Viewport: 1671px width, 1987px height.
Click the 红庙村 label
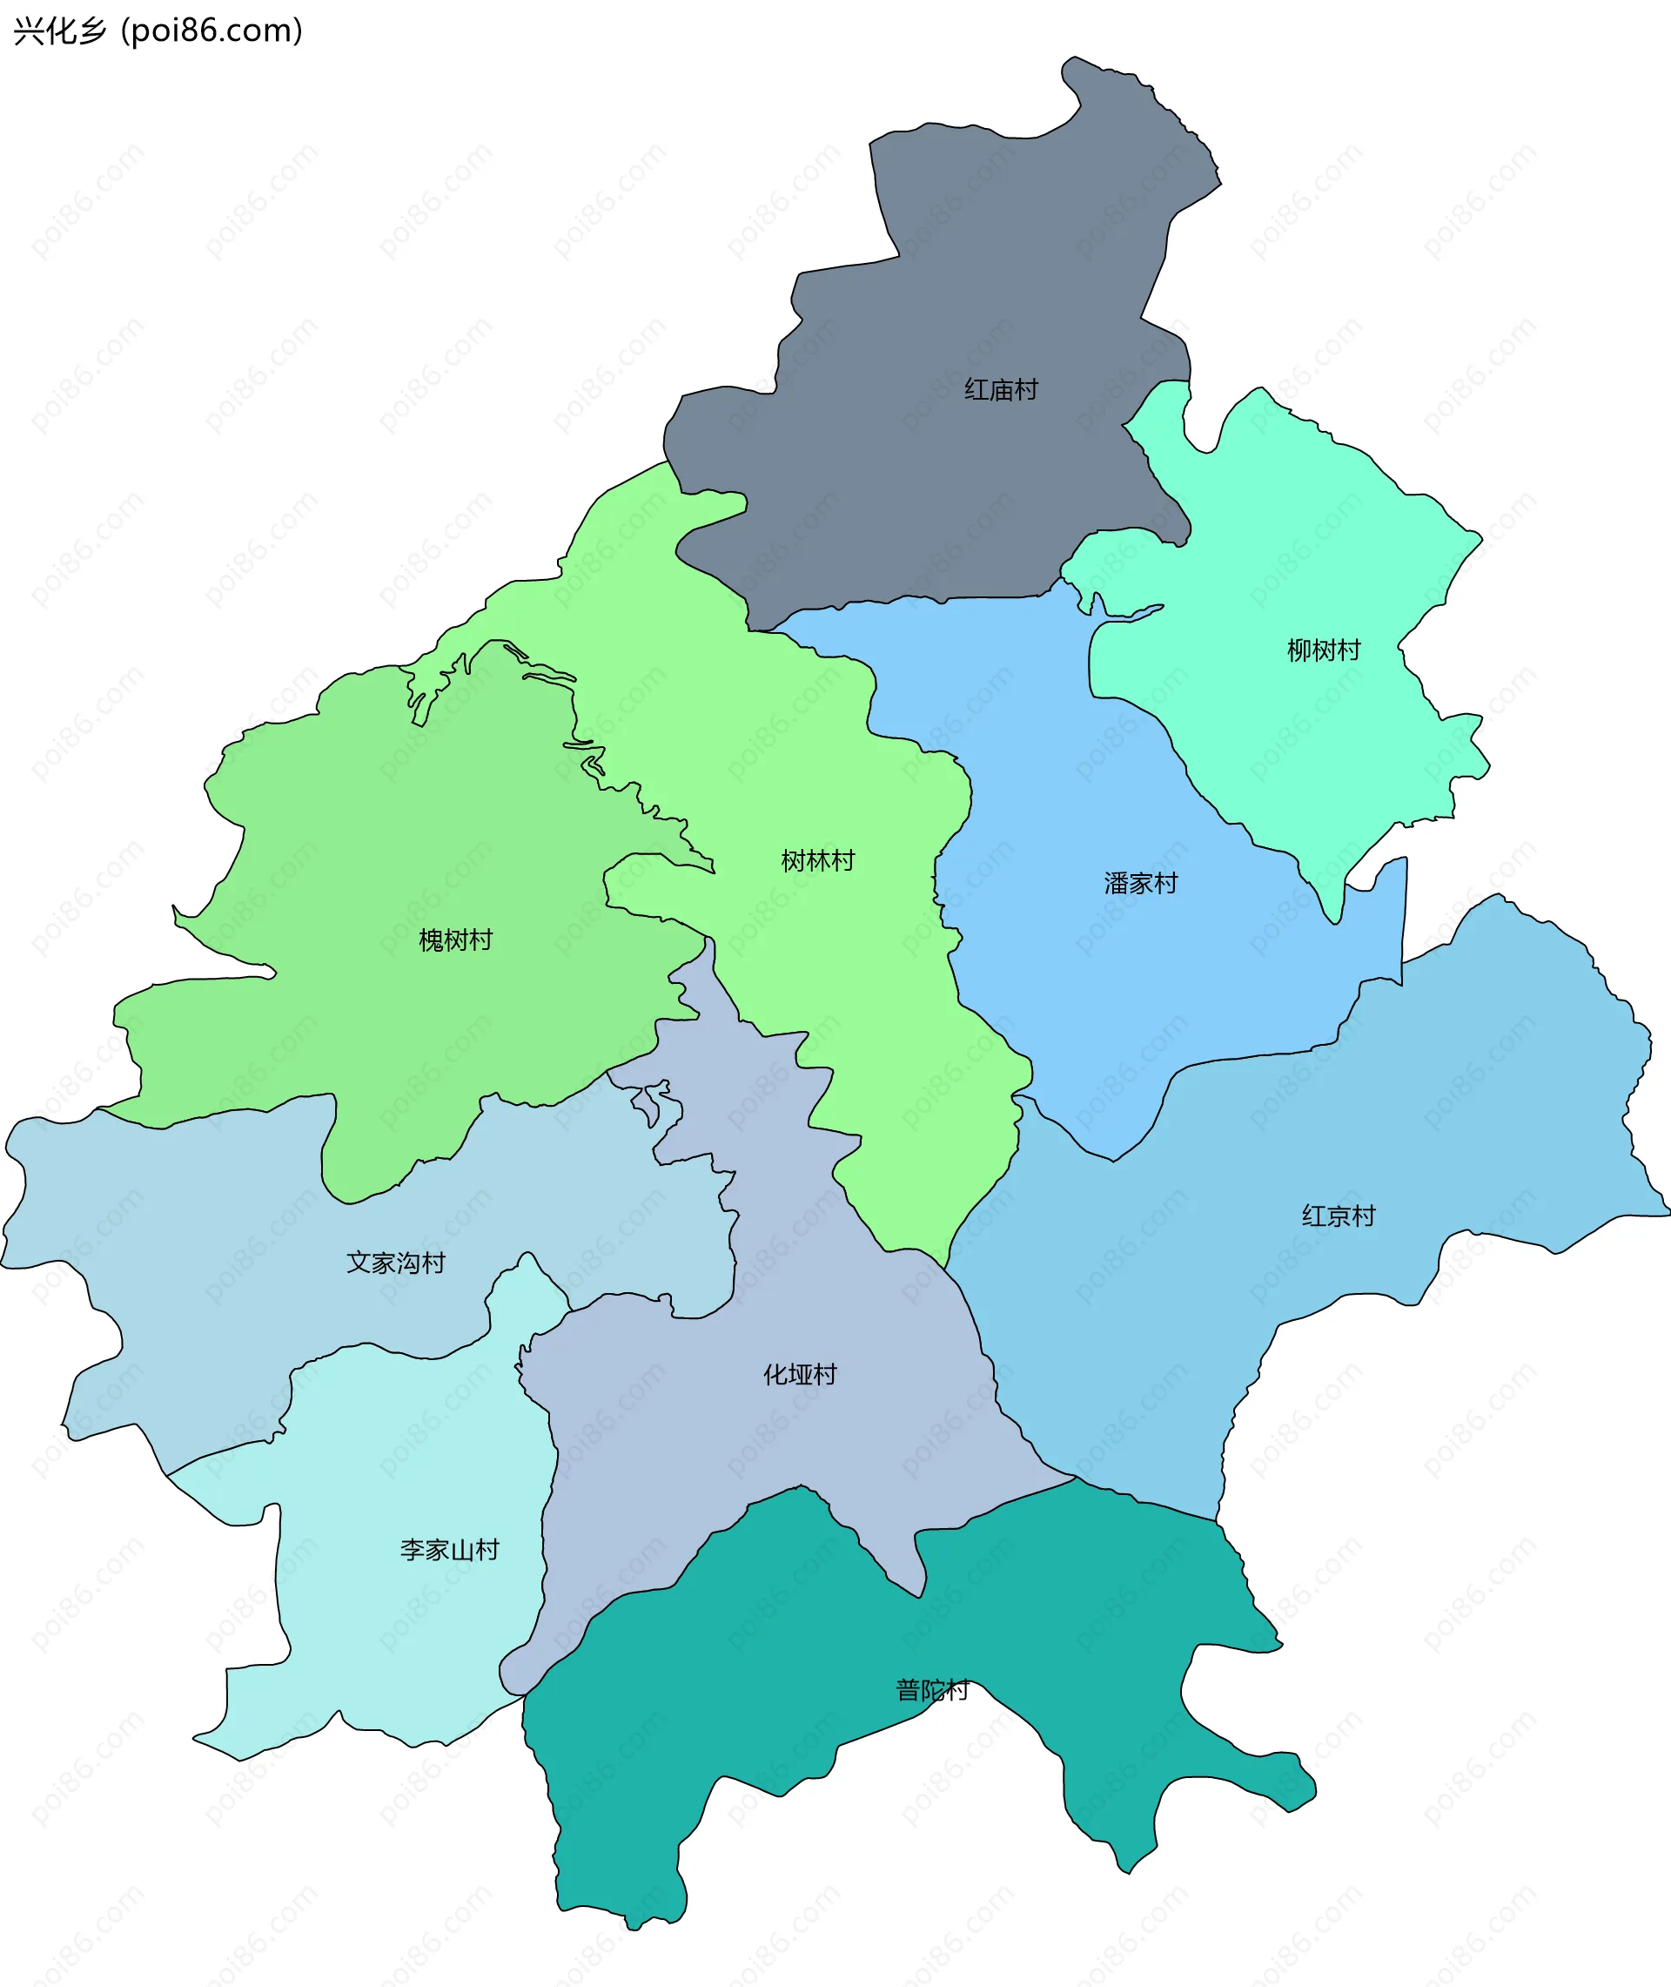[x=1000, y=389]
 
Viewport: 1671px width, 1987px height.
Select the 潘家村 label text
[x=1139, y=883]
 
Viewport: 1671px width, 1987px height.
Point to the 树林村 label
[x=816, y=860]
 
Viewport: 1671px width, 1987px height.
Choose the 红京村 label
[x=1338, y=1216]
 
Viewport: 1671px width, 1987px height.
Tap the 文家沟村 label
[x=395, y=1263]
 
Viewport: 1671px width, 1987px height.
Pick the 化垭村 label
[x=800, y=1374]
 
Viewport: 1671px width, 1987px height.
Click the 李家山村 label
[x=449, y=1549]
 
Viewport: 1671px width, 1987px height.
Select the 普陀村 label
[x=932, y=1689]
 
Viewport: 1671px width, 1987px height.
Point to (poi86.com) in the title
[x=211, y=31]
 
